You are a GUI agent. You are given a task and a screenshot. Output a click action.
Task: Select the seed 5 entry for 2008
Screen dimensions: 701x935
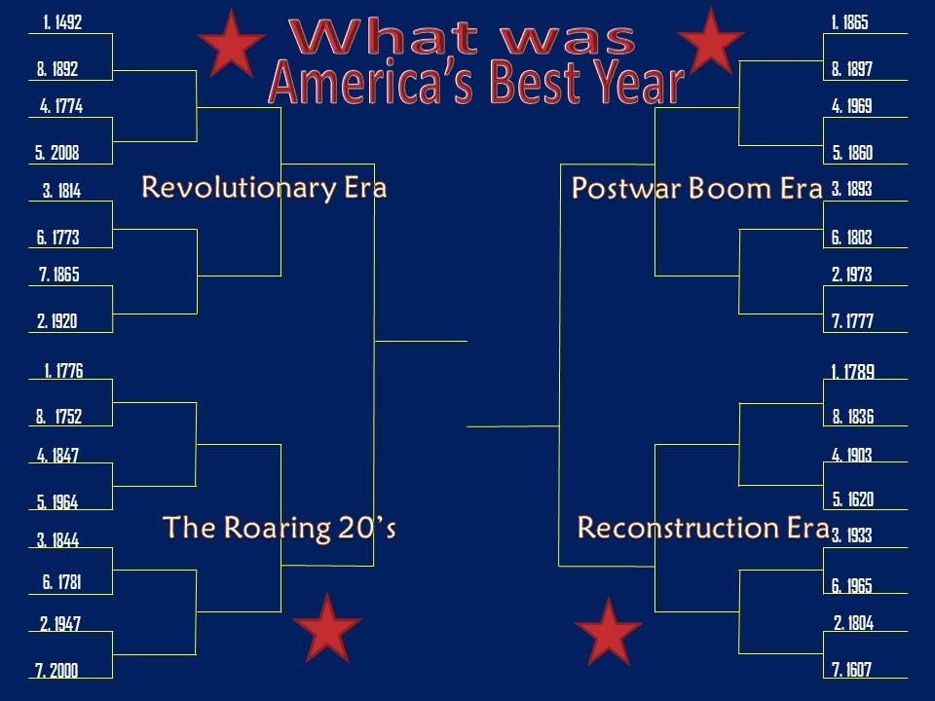click(x=57, y=153)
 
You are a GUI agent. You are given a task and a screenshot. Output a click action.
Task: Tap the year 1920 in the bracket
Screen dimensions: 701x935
click(x=57, y=321)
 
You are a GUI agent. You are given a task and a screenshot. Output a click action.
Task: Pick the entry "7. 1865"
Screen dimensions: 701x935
click(x=59, y=276)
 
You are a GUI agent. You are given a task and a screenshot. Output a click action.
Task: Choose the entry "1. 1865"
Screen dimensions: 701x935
click(x=850, y=22)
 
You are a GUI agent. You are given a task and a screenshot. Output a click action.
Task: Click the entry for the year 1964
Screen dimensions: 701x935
click(x=57, y=502)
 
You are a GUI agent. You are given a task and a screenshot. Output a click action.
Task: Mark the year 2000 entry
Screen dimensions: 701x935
click(x=57, y=670)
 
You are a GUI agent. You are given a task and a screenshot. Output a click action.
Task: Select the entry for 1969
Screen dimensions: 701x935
click(x=852, y=107)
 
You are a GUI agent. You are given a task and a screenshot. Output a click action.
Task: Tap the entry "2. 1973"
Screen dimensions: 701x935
click(x=852, y=276)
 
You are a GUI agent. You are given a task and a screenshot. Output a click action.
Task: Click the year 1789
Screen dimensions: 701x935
click(x=852, y=371)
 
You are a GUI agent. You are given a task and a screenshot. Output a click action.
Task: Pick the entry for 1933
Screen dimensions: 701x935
click(x=852, y=535)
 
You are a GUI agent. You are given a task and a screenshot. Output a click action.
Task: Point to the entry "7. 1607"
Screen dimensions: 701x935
click(x=852, y=670)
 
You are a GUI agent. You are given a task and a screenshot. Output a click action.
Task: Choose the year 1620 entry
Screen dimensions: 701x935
click(x=852, y=500)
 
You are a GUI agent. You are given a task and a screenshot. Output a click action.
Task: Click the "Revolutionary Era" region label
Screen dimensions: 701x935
click(x=264, y=187)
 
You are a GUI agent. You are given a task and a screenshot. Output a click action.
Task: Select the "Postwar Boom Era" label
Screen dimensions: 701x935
click(x=697, y=188)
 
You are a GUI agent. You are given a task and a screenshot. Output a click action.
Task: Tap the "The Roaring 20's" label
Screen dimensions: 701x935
click(x=280, y=528)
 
